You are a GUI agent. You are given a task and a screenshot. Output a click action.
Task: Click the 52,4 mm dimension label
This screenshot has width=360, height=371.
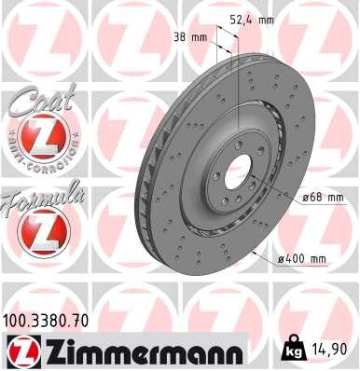(x=254, y=19)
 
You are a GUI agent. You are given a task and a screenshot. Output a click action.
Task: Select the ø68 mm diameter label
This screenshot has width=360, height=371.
(x=323, y=198)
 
